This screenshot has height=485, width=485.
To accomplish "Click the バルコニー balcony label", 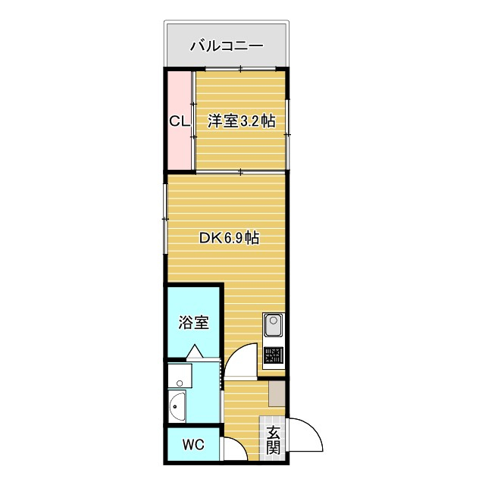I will (x=226, y=46).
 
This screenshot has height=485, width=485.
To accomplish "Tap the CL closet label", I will (x=179, y=121).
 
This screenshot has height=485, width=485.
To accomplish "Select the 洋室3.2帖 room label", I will (x=241, y=121).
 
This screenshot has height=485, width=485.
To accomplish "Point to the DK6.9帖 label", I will (x=229, y=238).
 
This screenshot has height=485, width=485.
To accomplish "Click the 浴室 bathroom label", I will (x=194, y=322).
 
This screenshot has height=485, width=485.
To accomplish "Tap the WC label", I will (x=193, y=445).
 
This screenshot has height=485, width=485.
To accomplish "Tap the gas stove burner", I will (x=273, y=356).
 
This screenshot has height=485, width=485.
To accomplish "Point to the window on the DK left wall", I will (x=164, y=220).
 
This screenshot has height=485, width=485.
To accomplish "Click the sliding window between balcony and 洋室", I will (x=241, y=70).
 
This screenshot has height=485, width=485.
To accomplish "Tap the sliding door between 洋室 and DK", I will (x=241, y=171).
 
